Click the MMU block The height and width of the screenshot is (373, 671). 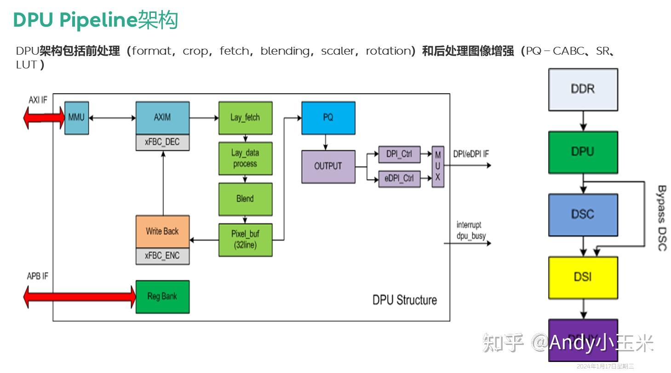76,118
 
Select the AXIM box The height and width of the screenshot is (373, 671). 162,118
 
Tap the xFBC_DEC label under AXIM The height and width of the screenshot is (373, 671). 162,142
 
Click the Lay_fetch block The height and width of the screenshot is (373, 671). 245,118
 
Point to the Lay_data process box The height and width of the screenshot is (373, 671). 245,158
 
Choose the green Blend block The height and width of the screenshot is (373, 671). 245,199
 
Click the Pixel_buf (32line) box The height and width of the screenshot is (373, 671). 245,240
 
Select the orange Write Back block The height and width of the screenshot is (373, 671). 162,232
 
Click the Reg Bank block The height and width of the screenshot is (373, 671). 162,297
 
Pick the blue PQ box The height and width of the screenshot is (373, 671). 328,118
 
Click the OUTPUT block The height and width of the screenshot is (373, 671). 328,166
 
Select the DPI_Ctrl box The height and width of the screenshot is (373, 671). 399,154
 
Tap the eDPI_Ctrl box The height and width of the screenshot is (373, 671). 399,179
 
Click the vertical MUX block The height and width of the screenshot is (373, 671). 438,167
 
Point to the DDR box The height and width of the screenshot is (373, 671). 583,90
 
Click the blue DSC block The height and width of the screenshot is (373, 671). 583,215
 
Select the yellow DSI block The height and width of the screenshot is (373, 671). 583,277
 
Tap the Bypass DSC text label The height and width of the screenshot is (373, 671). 661,218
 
